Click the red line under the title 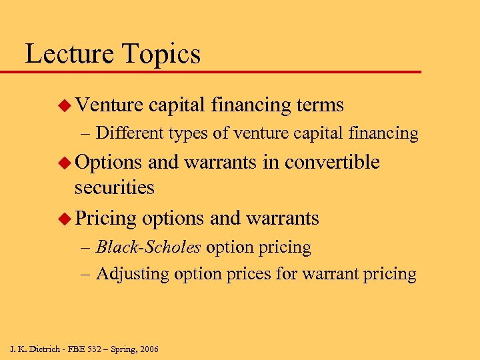[220, 71]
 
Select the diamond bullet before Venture [65, 105]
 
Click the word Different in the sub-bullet [130, 133]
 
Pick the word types [187, 134]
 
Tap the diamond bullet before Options [65, 163]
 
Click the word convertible [332, 163]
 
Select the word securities [114, 188]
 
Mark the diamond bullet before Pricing [65, 218]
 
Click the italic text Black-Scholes [148, 247]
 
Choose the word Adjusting [132, 274]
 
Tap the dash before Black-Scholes [86, 247]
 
